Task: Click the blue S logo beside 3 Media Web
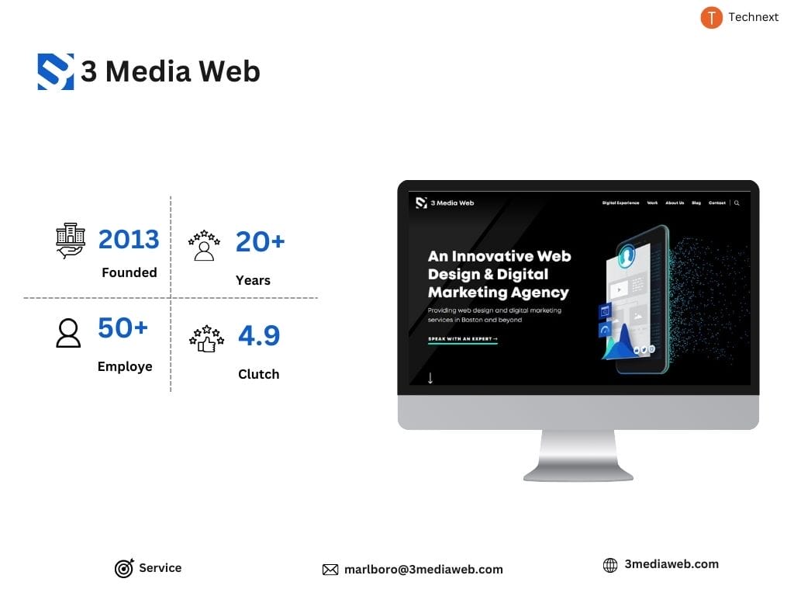(56, 71)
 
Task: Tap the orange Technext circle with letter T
(711, 17)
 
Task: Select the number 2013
(129, 239)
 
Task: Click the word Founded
(129, 272)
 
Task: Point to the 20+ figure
(260, 241)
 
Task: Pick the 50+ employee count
(123, 328)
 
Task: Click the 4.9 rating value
(258, 335)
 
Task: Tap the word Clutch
(258, 374)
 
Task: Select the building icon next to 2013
(71, 240)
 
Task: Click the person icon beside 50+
(68, 333)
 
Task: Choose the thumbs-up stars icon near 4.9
(206, 339)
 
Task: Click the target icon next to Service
(124, 569)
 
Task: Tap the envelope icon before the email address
(330, 570)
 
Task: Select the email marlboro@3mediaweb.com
(423, 570)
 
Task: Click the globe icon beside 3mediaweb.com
(611, 565)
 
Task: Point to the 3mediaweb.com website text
(671, 564)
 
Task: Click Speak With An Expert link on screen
(463, 339)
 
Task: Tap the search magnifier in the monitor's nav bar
(737, 203)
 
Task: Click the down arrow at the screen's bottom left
(430, 378)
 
